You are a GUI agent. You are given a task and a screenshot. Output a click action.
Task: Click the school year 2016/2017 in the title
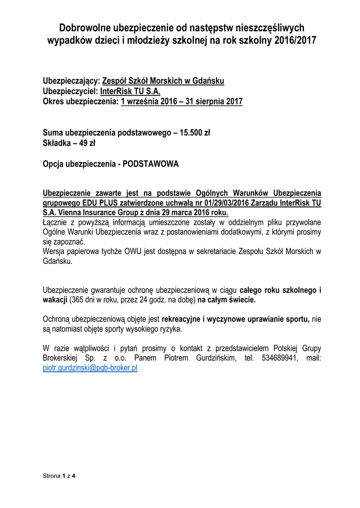pos(294,40)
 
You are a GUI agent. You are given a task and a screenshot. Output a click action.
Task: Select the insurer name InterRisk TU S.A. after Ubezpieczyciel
pos(131,91)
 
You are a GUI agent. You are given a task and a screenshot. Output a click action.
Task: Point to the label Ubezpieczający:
pos(72,81)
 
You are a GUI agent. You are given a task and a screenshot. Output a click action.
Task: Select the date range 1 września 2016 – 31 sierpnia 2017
pos(181,102)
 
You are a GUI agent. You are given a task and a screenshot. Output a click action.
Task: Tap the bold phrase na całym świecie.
pos(227,301)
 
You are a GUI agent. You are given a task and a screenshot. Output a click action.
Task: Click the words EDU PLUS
pos(90,203)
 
